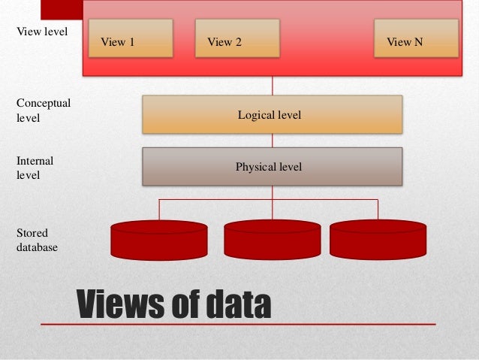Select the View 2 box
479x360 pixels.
[x=236, y=38]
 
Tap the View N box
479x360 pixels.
[x=416, y=38]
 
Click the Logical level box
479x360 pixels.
[x=272, y=115]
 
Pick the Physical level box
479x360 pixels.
[x=272, y=166]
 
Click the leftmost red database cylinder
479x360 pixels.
[x=159, y=240]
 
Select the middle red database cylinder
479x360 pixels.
[x=272, y=240]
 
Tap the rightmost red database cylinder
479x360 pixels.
[x=378, y=240]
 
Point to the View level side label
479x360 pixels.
[x=42, y=32]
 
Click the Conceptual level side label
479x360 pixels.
[x=43, y=110]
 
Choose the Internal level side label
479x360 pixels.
[x=35, y=168]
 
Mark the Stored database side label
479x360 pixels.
[x=37, y=240]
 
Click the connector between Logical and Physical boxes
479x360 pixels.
[x=272, y=141]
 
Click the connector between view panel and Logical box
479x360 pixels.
[x=272, y=86]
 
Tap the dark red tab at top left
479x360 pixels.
[x=61, y=8]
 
